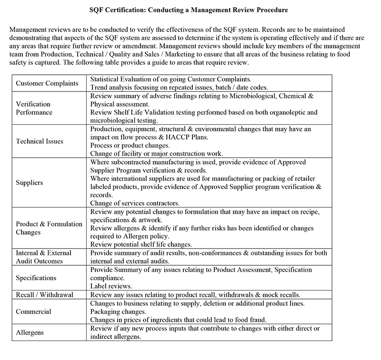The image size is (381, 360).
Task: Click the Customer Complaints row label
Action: (47, 83)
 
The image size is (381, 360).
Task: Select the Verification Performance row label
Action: (33, 108)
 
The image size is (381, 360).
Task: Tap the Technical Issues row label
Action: (40, 141)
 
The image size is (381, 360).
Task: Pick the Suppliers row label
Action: (30, 182)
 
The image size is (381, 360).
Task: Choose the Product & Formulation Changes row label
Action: (49, 228)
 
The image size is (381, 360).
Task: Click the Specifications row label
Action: (36, 278)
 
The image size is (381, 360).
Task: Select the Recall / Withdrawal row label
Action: (45, 295)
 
